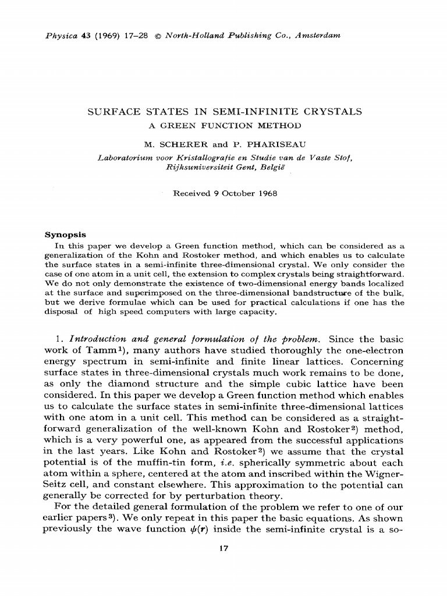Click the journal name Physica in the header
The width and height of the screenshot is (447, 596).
point(59,36)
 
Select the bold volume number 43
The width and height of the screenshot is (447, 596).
point(84,36)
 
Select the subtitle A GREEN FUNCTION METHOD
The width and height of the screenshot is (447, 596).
point(224,125)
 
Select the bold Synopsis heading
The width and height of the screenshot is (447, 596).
point(65,235)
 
